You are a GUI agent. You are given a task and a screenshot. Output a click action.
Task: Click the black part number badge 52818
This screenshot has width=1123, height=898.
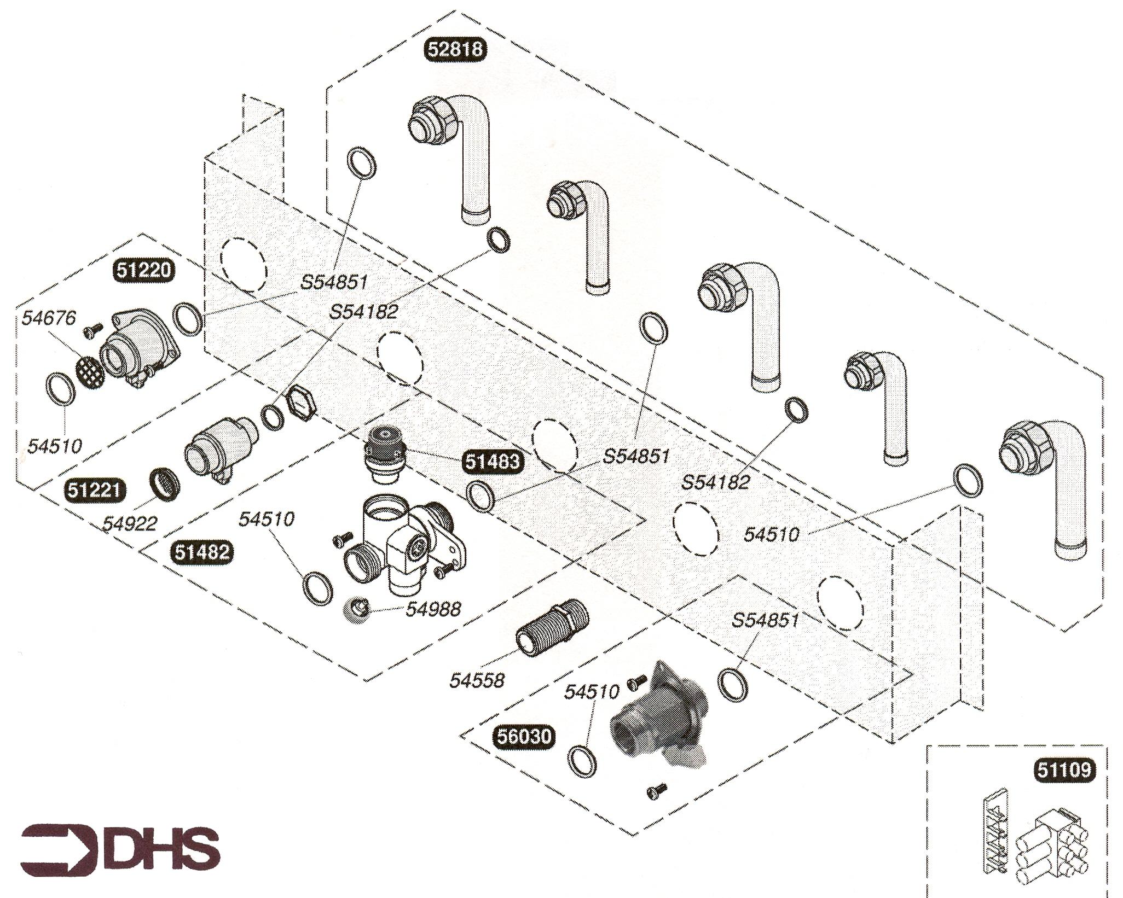pyautogui.click(x=455, y=49)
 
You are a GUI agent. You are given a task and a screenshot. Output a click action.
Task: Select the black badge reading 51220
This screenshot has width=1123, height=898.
pyautogui.click(x=143, y=270)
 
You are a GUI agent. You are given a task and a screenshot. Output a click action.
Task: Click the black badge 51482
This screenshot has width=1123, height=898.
pyautogui.click(x=202, y=552)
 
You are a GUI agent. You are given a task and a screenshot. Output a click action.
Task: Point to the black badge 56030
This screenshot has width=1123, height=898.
pyautogui.click(x=524, y=737)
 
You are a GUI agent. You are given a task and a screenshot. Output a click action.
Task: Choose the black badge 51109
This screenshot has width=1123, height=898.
pyautogui.click(x=1064, y=770)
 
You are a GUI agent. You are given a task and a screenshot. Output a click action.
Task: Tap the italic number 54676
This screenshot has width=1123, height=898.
pyautogui.click(x=49, y=318)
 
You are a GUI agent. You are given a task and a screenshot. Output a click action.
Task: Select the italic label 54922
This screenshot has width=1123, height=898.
pyautogui.click(x=130, y=523)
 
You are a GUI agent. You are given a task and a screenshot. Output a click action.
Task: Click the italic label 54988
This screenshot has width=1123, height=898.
pyautogui.click(x=433, y=609)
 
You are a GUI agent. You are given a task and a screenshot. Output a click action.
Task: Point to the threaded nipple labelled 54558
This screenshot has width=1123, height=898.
pyautogui.click(x=551, y=628)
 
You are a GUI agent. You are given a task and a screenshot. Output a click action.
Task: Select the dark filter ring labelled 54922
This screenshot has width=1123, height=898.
pyautogui.click(x=164, y=482)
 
